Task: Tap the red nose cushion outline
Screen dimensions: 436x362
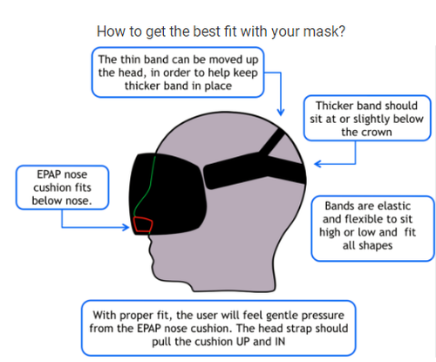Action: click(x=143, y=218)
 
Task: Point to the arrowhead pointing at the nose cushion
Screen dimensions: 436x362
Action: click(x=126, y=227)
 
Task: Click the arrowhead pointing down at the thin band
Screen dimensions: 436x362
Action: click(x=281, y=112)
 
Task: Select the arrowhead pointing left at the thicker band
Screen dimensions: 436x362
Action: click(x=318, y=164)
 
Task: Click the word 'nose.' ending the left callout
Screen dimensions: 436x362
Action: click(x=79, y=201)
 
